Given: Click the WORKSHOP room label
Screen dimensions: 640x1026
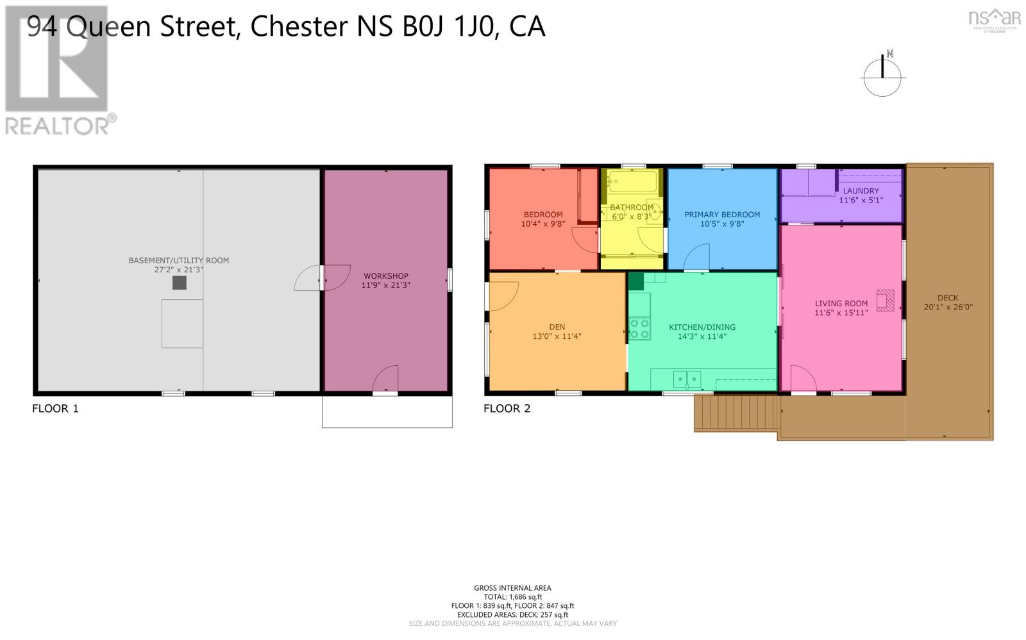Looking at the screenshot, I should click(x=385, y=276).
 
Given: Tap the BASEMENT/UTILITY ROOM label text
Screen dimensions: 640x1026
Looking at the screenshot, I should click(x=178, y=260).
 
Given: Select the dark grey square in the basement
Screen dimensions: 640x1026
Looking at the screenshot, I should click(x=180, y=283).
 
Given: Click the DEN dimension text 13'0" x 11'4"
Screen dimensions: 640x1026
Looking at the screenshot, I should click(x=557, y=336).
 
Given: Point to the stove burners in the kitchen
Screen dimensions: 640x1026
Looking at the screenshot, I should click(x=639, y=329).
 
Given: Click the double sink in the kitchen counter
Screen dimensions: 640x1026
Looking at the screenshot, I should click(x=687, y=380).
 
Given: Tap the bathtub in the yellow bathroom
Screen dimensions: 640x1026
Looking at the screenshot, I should click(x=633, y=181).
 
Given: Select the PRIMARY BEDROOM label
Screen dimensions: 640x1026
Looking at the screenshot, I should click(x=722, y=215).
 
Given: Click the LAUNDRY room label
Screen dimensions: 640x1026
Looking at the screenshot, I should click(x=861, y=191).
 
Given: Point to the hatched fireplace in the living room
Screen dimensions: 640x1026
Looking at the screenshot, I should click(x=886, y=300).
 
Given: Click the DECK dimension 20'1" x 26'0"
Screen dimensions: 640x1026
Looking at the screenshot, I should click(x=948, y=307).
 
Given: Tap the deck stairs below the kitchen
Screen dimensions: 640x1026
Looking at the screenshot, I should click(x=736, y=413).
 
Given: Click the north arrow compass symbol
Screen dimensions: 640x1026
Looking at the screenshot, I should click(x=882, y=75).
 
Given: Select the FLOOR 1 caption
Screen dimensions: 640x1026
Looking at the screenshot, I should click(x=55, y=408).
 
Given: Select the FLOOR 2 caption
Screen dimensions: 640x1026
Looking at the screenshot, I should click(x=507, y=408).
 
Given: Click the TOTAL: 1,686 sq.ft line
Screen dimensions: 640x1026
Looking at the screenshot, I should click(x=512, y=596).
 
